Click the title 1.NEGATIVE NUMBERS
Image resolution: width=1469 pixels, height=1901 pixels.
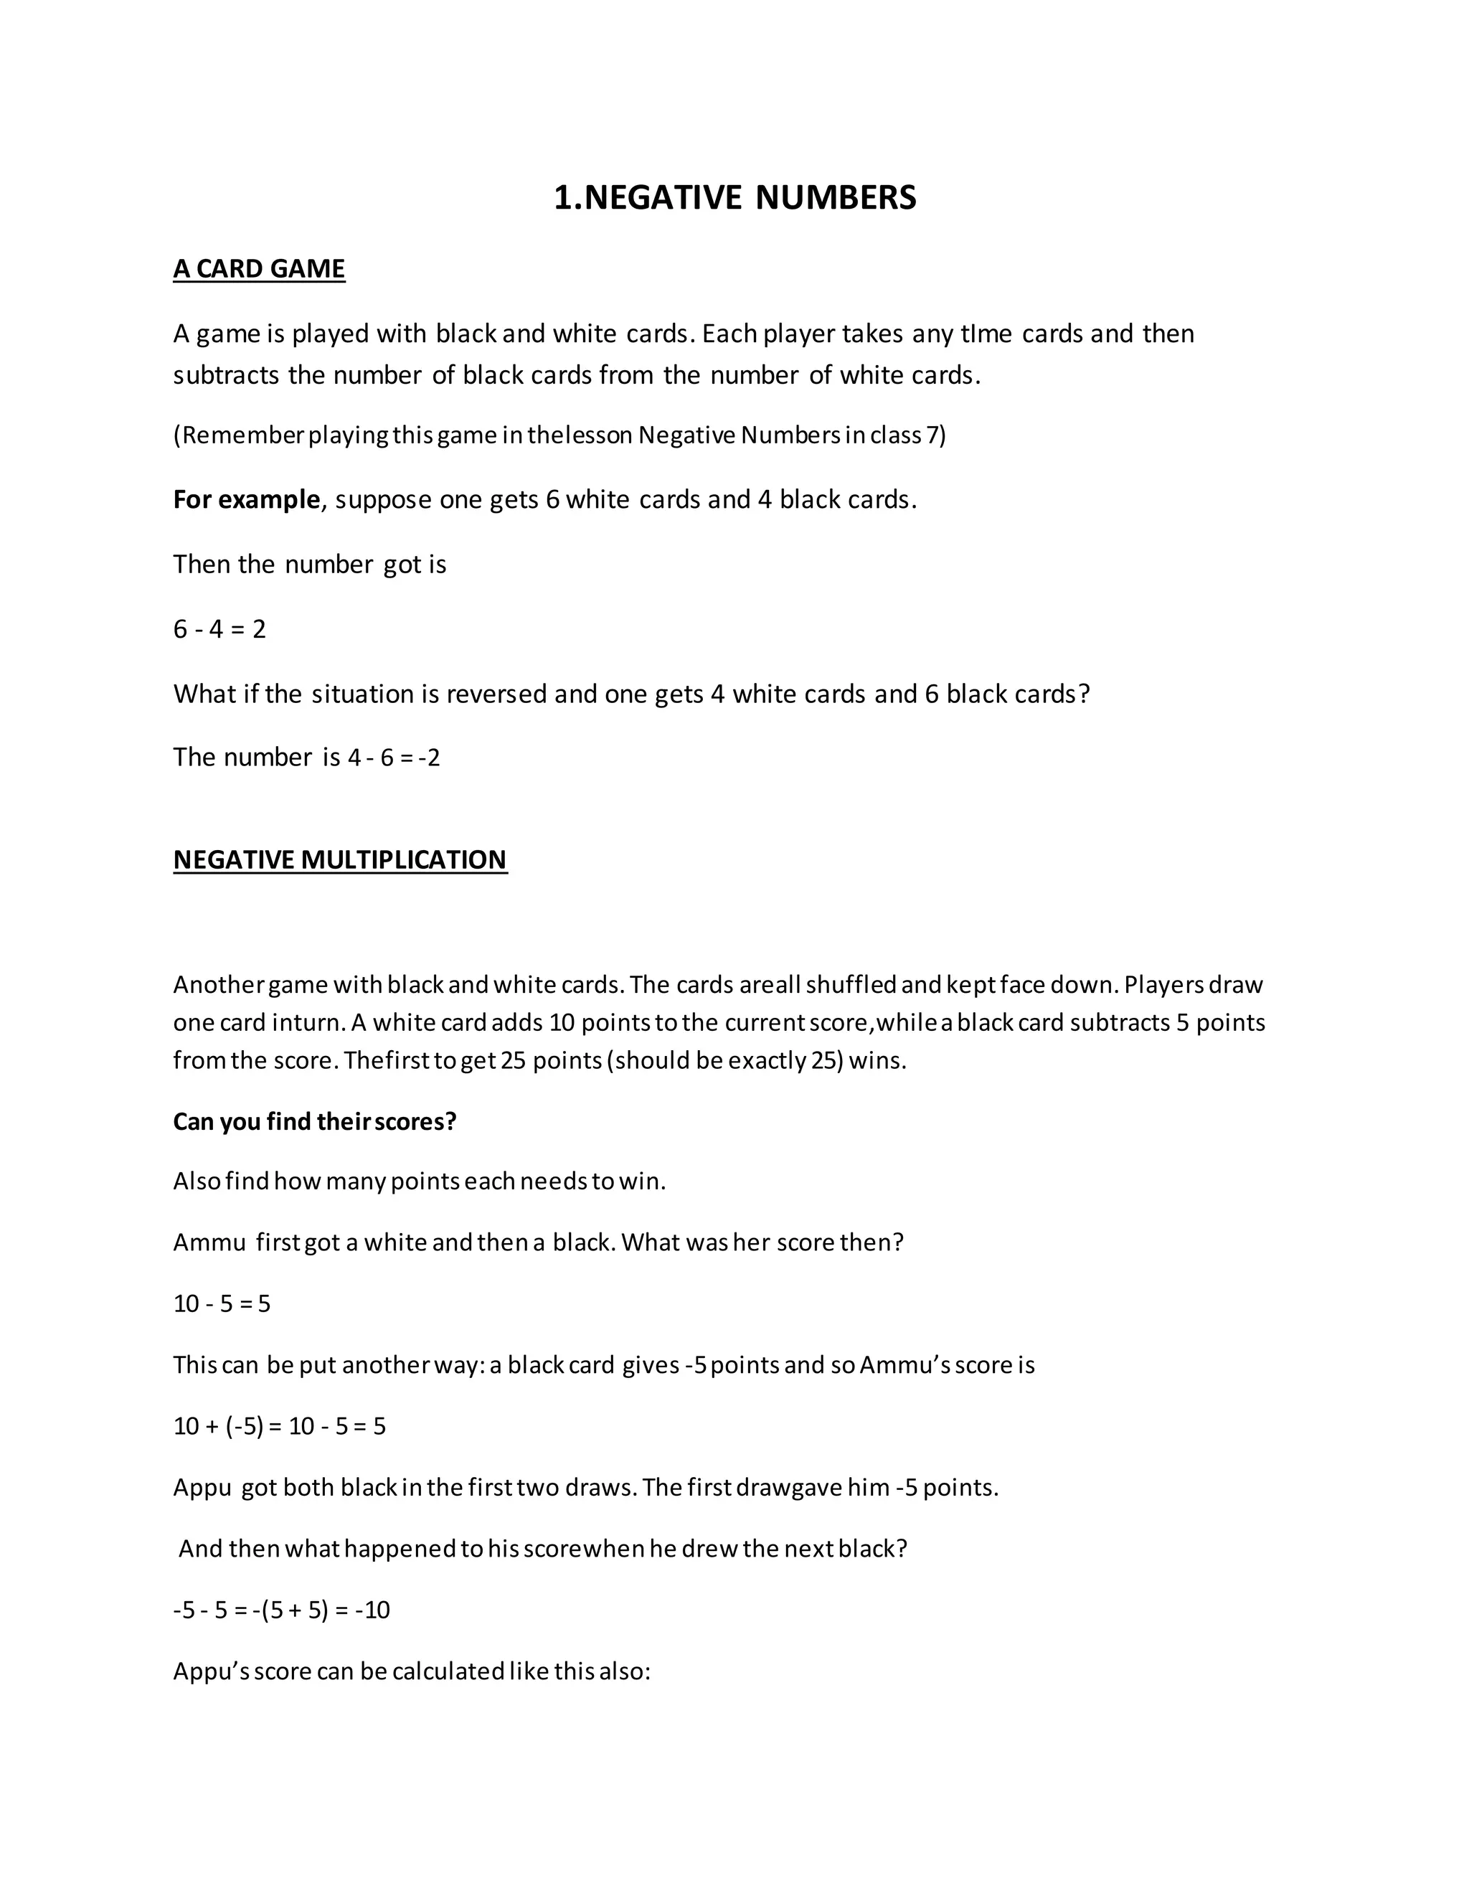coord(734,197)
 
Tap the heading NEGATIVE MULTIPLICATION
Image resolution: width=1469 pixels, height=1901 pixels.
coord(339,859)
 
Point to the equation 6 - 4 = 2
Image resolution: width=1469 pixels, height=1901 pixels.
coord(219,628)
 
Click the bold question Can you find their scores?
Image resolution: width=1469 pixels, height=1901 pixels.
coord(314,1121)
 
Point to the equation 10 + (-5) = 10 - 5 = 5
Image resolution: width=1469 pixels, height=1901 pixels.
coord(279,1426)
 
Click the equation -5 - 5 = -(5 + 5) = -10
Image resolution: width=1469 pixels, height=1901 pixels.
coord(281,1610)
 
